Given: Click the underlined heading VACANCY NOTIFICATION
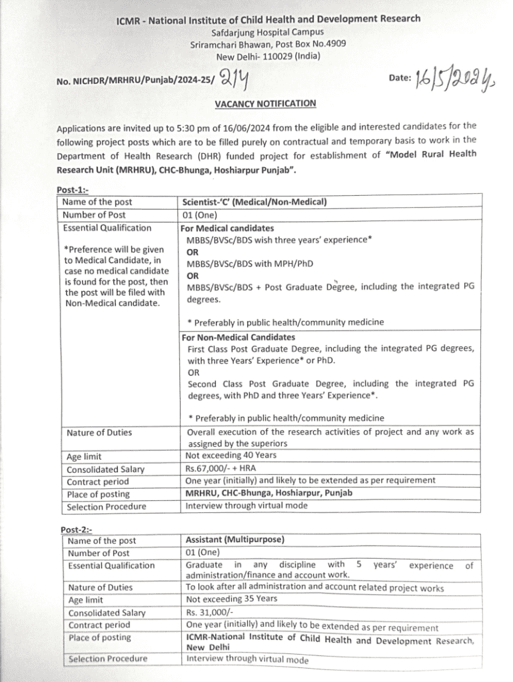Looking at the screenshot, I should tap(265, 103).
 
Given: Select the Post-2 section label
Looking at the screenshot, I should tap(74, 529).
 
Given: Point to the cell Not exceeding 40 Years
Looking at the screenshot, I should tap(231, 456).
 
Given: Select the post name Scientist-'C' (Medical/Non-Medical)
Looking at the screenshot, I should tap(254, 202).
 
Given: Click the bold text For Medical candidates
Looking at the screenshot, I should tap(227, 228).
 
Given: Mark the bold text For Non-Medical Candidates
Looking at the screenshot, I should tap(239, 337).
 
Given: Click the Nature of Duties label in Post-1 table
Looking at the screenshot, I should tap(99, 433).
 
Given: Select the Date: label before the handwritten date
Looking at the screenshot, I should tap(399, 78).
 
